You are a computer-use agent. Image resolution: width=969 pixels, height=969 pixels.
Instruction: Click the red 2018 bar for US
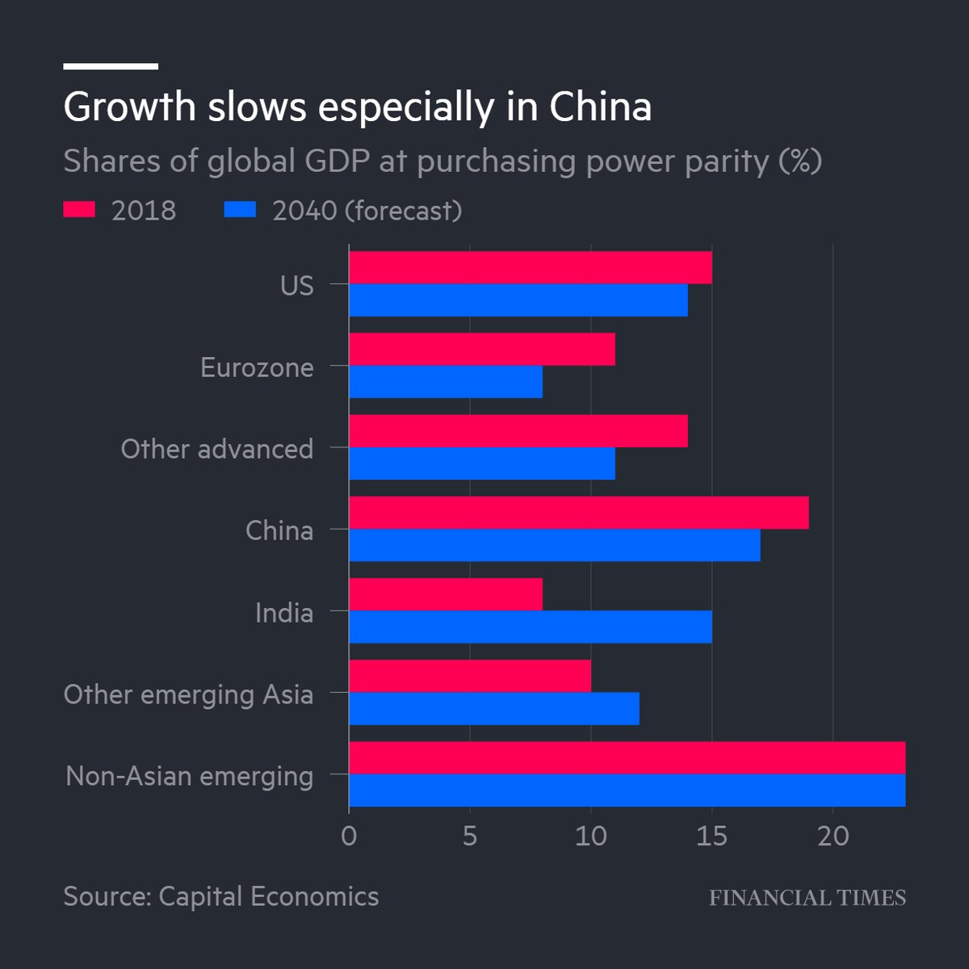click(530, 267)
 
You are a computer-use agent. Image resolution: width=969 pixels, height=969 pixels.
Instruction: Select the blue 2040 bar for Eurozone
click(446, 382)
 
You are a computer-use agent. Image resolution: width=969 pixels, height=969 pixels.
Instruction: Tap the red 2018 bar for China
click(578, 513)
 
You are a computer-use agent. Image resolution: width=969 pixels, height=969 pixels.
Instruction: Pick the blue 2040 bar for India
click(530, 627)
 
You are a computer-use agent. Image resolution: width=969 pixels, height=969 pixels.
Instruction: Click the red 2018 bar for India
click(446, 594)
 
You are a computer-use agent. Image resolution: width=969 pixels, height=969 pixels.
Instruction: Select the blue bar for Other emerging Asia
click(493, 708)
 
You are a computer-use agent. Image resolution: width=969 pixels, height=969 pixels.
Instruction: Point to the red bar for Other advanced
click(518, 431)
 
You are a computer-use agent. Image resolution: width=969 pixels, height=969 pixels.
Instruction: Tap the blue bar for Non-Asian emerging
click(627, 790)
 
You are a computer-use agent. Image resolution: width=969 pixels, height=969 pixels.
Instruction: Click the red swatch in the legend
click(79, 210)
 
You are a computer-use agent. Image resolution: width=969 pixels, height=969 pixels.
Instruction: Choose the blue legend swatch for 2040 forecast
click(240, 210)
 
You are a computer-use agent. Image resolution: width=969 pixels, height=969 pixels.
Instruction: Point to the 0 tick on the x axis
click(349, 836)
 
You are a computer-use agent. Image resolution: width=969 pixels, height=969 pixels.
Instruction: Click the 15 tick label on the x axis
click(711, 836)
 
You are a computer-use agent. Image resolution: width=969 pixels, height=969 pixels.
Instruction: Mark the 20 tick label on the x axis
click(833, 836)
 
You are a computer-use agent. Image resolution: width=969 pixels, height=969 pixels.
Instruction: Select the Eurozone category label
click(257, 367)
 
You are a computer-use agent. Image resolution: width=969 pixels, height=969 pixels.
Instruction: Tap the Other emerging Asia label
click(188, 694)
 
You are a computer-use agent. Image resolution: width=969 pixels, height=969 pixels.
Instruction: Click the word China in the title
click(601, 107)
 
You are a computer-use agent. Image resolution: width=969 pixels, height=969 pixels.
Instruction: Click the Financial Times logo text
click(807, 897)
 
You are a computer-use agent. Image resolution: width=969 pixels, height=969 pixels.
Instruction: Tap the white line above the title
click(111, 66)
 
